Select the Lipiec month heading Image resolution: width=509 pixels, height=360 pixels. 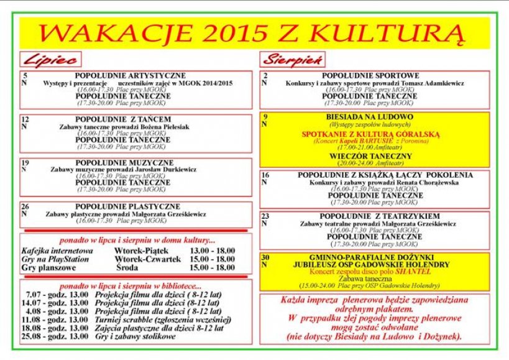click(50, 60)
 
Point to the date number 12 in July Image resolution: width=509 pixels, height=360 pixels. click(25, 119)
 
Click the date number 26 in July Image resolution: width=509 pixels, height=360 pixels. click(25, 206)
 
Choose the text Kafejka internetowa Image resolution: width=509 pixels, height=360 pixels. click(57, 251)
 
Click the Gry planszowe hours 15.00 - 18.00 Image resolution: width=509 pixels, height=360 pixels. click(212, 268)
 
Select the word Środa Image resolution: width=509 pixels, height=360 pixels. click(126, 268)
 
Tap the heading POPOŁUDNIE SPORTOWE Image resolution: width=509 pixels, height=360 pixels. click(370, 75)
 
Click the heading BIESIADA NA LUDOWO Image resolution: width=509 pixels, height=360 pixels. click(370, 116)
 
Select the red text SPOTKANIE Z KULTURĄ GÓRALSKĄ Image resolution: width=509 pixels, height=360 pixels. click(370, 134)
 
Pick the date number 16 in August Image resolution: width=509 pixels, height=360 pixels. click(265, 175)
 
